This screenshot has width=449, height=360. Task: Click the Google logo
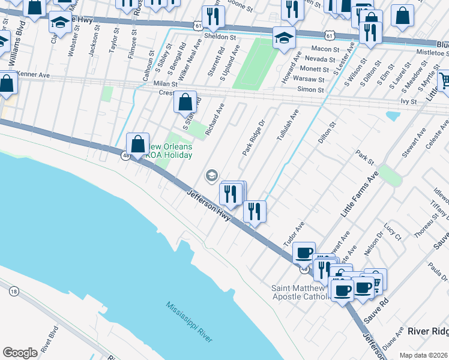pyautogui.click(x=20, y=353)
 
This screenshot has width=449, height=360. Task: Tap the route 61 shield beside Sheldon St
pyautogui.click(x=197, y=26)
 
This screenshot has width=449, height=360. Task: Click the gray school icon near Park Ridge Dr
pyautogui.click(x=211, y=175)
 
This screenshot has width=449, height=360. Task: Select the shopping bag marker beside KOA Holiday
pyautogui.click(x=138, y=145)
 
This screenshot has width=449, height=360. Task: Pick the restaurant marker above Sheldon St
pyautogui.click(x=212, y=16)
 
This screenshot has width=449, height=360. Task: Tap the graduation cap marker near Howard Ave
pyautogui.click(x=283, y=37)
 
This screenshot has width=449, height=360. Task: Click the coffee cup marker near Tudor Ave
pyautogui.click(x=304, y=253)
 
